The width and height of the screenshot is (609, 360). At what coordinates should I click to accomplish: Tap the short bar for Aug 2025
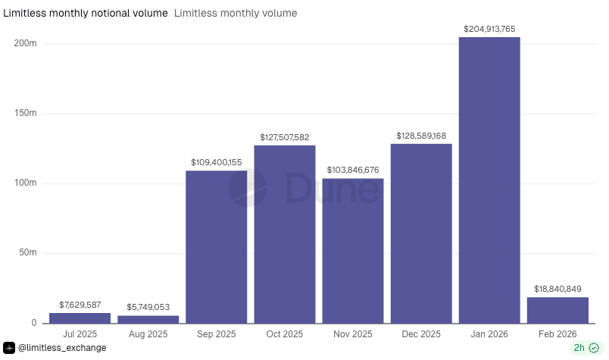click(x=148, y=319)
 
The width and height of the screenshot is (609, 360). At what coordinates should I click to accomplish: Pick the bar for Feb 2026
click(x=557, y=310)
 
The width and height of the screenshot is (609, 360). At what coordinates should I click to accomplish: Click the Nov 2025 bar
click(x=353, y=251)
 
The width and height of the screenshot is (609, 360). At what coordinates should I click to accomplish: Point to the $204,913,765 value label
click(x=489, y=29)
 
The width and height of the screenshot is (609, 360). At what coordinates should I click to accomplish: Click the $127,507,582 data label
click(x=285, y=137)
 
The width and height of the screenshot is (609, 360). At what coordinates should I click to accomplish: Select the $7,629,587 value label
click(x=80, y=305)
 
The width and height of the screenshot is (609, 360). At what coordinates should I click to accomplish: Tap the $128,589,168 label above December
click(x=421, y=136)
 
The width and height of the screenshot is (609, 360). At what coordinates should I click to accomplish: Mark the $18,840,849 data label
click(x=557, y=289)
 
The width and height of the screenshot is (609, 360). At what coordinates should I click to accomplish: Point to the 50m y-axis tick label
click(x=28, y=253)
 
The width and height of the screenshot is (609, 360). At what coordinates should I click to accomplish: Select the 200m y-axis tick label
click(x=26, y=44)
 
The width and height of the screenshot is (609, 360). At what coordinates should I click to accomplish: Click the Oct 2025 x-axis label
click(x=285, y=334)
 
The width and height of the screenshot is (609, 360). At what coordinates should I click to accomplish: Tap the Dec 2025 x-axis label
click(x=421, y=334)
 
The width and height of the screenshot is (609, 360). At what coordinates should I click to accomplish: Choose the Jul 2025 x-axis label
click(x=80, y=334)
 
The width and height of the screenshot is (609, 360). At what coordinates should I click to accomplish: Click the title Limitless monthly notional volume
click(x=86, y=13)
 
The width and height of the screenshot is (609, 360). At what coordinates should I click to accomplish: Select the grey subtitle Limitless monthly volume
click(x=236, y=13)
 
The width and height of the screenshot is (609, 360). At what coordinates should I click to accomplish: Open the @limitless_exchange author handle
click(x=61, y=348)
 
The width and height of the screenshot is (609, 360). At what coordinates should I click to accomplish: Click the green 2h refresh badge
click(x=586, y=348)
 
